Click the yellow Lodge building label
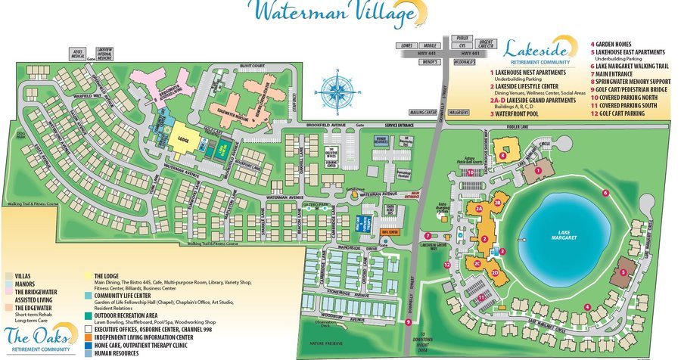pos(183,141)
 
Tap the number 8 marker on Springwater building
pos(503,156)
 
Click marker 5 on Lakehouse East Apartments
pos(622,272)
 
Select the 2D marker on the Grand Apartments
pos(495,272)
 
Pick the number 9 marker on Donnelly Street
pos(409,322)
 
